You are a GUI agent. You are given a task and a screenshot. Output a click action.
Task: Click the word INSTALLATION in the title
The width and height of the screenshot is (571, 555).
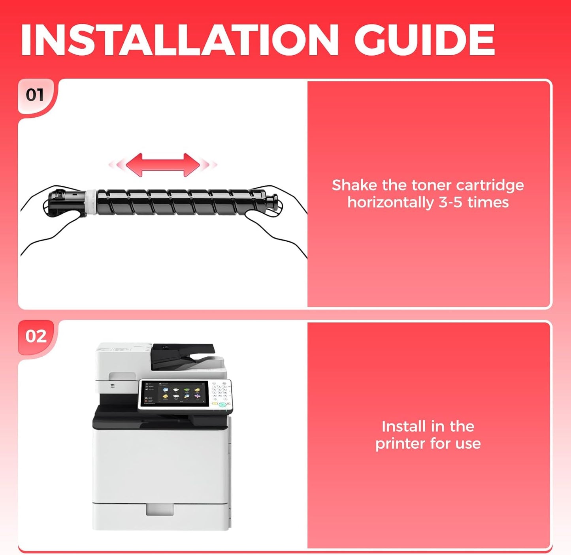click(179, 40)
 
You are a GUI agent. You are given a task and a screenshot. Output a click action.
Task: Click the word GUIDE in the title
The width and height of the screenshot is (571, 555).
click(424, 40)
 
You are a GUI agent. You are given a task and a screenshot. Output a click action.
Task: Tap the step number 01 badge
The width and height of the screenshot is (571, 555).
click(35, 95)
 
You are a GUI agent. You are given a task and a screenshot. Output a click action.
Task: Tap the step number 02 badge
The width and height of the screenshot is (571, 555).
click(36, 336)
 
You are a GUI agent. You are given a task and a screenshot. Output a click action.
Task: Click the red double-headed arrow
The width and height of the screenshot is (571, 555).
click(163, 165)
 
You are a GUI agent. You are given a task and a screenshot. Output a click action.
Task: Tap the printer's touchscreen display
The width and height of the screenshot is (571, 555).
click(175, 395)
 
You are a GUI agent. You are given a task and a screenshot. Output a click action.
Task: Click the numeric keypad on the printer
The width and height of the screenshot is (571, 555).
click(220, 391)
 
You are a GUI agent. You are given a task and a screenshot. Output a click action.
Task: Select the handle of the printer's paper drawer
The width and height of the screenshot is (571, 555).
click(160, 510)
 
